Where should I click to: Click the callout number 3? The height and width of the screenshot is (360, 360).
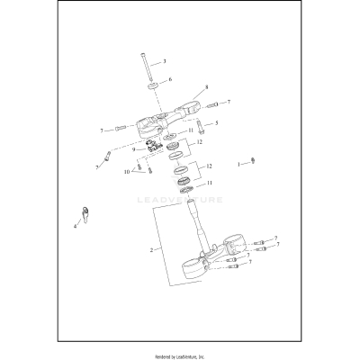tap(164, 62)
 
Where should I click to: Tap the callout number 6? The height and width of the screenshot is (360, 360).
tap(169, 80)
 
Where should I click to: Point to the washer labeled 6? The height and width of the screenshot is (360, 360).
tap(154, 86)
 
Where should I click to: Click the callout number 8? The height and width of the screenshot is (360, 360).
tap(206, 87)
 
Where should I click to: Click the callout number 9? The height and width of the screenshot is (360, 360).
tap(132, 149)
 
